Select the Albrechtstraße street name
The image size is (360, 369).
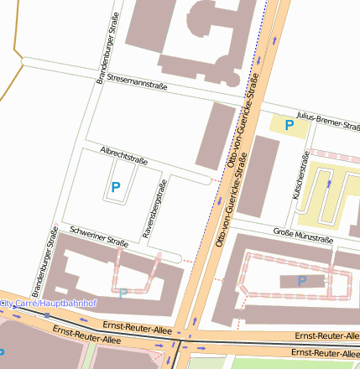123,156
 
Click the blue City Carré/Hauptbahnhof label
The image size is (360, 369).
49,302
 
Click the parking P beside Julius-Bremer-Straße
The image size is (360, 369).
290,126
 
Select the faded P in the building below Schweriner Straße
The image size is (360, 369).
123,293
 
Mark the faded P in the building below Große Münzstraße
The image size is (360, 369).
301,281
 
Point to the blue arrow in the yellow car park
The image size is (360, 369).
330,182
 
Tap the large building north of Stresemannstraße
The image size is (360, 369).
201,38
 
